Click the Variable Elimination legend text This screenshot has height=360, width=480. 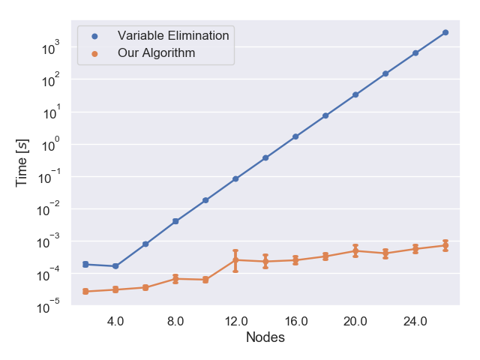click(173, 35)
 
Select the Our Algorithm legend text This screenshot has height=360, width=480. click(156, 53)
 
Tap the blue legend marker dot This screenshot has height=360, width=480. click(95, 37)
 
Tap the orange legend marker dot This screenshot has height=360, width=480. click(95, 54)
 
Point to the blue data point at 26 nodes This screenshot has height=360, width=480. click(445, 32)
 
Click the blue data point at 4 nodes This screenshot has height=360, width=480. click(115, 266)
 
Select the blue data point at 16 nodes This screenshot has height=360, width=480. click(295, 136)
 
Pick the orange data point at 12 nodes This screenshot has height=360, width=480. click(235, 260)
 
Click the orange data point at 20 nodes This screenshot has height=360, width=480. click(355, 251)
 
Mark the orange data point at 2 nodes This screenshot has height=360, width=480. click(85, 292)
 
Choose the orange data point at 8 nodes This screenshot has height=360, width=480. click(175, 279)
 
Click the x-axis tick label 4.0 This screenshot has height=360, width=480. click(115, 322)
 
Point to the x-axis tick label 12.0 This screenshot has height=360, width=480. click(236, 322)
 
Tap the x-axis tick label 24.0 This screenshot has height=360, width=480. click(415, 322)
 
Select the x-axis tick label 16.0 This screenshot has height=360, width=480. click(296, 322)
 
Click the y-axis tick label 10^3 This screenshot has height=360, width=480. click(51, 47)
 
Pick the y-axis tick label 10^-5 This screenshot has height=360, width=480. click(48, 306)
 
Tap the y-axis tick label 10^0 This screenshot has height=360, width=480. click(51, 145)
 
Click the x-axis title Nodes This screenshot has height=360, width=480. click(265, 337)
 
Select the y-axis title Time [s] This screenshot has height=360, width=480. click(22, 163)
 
